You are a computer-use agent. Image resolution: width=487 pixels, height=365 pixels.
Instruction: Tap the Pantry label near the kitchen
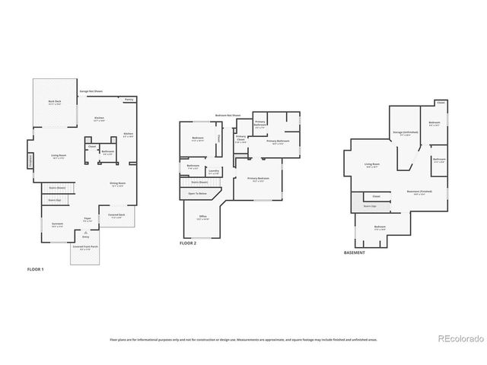[129, 100]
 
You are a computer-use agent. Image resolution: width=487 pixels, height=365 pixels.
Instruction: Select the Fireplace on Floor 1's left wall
[30, 161]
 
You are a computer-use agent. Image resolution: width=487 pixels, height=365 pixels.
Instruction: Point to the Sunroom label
[57, 224]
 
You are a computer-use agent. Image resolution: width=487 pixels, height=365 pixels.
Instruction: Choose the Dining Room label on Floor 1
[116, 184]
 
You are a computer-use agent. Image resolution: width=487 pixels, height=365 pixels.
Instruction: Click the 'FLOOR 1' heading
[36, 270]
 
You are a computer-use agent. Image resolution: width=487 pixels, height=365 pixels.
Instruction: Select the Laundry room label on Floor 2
[214, 172]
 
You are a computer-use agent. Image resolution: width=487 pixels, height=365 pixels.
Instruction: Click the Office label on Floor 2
[203, 217]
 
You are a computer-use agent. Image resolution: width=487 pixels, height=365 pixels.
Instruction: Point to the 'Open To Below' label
[199, 193]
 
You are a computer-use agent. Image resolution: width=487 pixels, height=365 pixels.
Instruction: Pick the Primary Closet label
[240, 139]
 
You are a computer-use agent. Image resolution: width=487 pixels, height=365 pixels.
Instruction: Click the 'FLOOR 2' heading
[188, 243]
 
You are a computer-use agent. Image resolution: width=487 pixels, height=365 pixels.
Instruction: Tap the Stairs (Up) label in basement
[371, 205]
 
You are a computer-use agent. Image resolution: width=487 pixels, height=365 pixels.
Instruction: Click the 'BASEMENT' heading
[354, 252]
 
